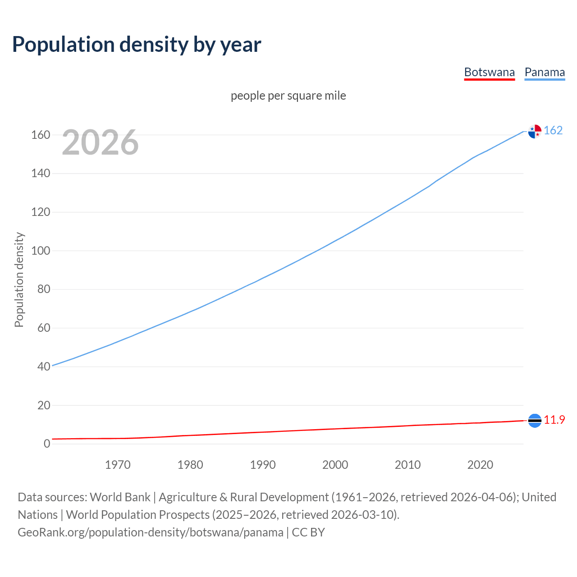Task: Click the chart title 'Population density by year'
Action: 137,45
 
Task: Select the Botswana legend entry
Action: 489,73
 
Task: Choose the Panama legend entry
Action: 545,73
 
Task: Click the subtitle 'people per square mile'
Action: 288,96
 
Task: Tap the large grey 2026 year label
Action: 100,142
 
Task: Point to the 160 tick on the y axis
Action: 41,135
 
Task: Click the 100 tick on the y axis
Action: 41,251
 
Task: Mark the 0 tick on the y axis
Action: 47,444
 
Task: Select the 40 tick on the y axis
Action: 44,366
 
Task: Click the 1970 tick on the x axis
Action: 118,465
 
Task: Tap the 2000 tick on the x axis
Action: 335,465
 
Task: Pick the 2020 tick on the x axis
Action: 480,465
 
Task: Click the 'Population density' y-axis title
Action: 19,279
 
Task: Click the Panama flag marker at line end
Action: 535,131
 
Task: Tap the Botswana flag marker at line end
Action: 535,421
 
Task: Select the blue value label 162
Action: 553,130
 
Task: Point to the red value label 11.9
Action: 554,420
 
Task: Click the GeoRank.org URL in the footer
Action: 151,532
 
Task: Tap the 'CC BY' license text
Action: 308,532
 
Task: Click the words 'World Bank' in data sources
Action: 120,497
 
